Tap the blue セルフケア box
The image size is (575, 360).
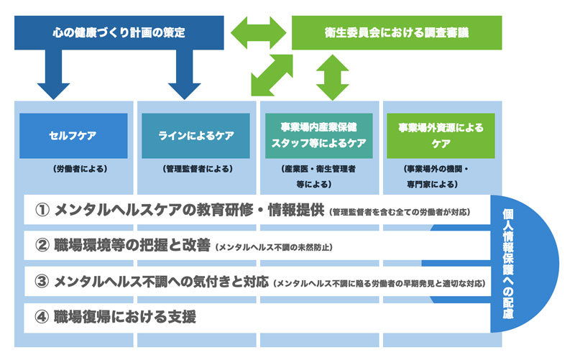(73, 135)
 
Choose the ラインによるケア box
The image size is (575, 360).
(195, 135)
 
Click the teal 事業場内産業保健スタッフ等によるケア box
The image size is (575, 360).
(317, 135)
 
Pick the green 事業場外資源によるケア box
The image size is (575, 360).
(441, 135)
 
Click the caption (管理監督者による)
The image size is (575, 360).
(196, 170)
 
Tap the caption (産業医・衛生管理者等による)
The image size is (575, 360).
(317, 177)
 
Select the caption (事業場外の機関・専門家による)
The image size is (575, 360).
(441, 177)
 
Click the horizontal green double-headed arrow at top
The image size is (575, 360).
(259, 32)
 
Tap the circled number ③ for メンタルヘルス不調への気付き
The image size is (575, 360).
(41, 281)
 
